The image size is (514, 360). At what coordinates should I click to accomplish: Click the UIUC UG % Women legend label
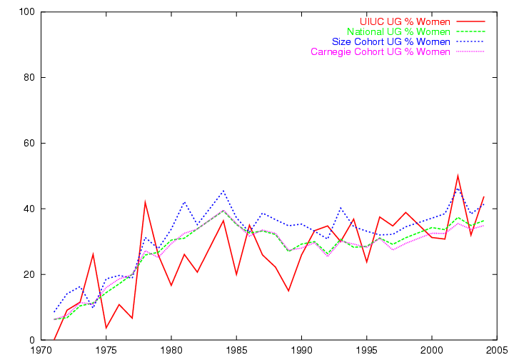click(405, 21)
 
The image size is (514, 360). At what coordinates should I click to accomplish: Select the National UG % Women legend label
click(398, 32)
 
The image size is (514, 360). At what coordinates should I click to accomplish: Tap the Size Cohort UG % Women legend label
click(391, 41)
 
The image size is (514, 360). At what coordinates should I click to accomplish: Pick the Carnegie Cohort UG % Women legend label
click(381, 52)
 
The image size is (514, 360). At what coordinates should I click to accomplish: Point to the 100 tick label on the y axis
click(27, 12)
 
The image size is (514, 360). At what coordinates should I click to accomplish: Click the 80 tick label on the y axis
click(29, 77)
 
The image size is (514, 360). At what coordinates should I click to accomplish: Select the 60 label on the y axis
click(29, 144)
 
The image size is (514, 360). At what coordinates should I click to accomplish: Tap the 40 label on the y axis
click(29, 209)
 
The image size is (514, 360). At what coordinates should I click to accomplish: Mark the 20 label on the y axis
click(29, 274)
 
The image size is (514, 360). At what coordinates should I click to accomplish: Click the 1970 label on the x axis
click(41, 351)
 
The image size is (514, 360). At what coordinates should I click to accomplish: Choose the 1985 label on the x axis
click(237, 351)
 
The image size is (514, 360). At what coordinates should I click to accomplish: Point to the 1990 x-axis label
click(301, 351)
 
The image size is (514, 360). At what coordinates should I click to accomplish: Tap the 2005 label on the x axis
click(497, 351)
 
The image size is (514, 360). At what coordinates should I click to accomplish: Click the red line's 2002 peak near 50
click(458, 176)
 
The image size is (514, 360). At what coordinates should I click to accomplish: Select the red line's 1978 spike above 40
click(145, 202)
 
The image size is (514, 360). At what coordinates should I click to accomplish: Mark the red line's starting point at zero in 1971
click(54, 340)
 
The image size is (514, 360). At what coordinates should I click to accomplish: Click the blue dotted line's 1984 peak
click(223, 191)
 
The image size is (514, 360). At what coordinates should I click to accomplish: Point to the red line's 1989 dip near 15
click(288, 291)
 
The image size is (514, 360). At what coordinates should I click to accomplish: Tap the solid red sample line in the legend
click(470, 21)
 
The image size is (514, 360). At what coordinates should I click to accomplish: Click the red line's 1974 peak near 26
click(93, 254)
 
